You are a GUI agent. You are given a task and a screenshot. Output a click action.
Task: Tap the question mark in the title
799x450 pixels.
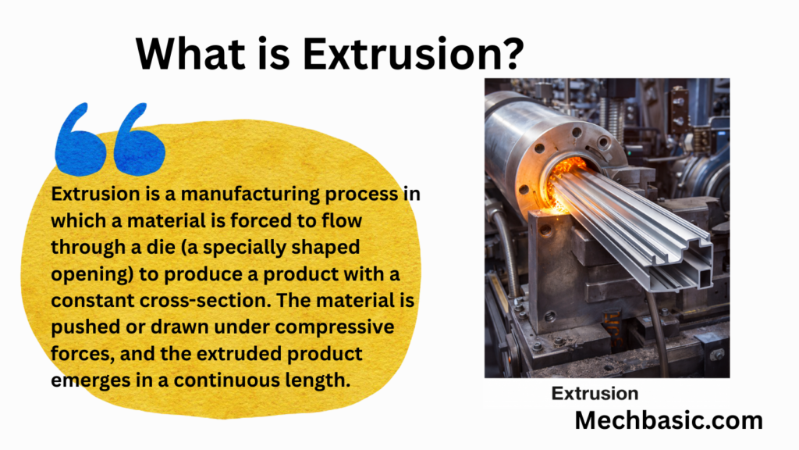pyautogui.click(x=511, y=53)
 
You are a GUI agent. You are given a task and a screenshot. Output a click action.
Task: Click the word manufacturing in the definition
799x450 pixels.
pyautogui.click(x=250, y=195)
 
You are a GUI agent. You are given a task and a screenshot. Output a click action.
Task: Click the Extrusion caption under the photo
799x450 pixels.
pyautogui.click(x=595, y=394)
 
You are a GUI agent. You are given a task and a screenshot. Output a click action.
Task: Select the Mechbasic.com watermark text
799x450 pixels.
pyautogui.click(x=669, y=420)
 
